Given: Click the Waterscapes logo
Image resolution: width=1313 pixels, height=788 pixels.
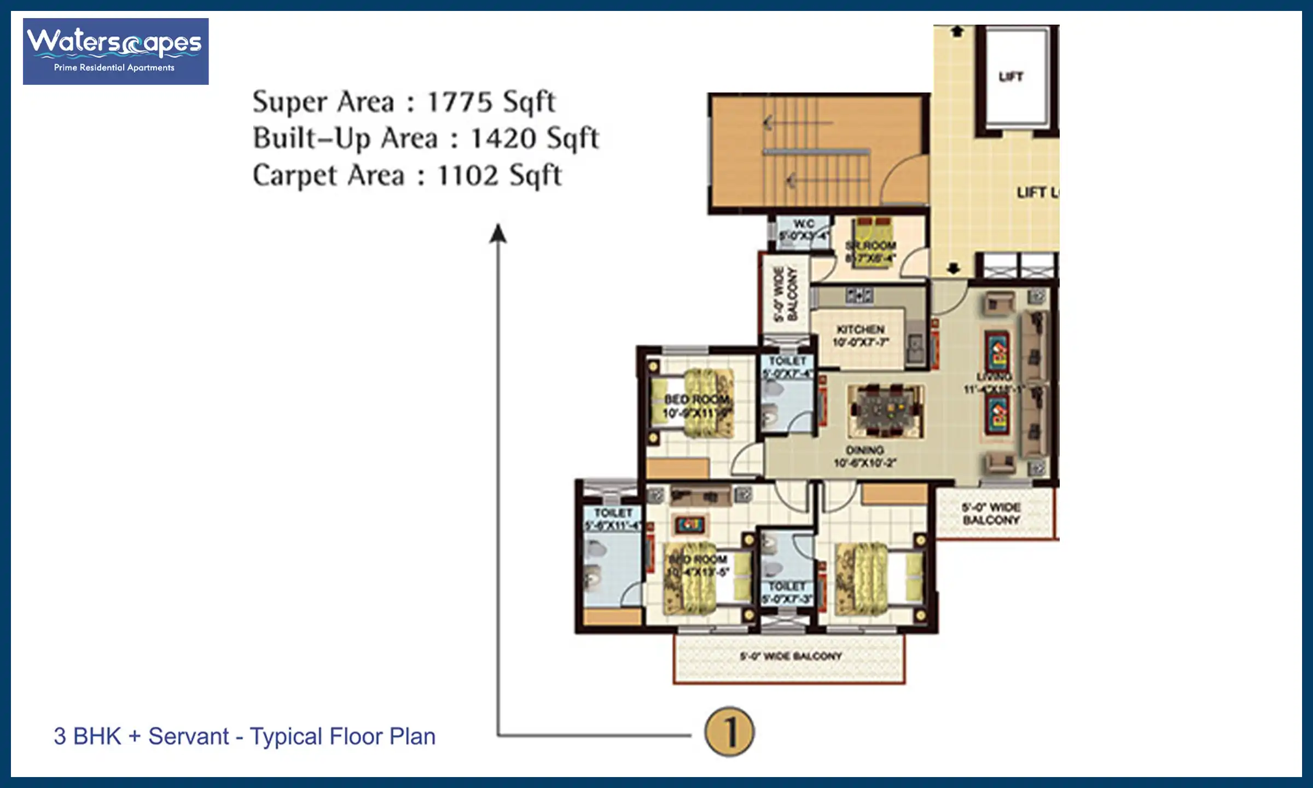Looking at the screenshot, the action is [115, 51].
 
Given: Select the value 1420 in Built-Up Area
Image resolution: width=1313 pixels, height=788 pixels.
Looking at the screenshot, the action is [503, 138].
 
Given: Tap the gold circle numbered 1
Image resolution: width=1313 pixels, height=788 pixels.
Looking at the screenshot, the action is [729, 732].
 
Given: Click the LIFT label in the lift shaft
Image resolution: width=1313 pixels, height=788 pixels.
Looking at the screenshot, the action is [1010, 77].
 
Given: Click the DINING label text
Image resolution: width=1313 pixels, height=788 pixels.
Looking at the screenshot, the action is [864, 450].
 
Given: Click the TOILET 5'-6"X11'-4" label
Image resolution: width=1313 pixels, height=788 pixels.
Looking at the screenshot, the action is [613, 519].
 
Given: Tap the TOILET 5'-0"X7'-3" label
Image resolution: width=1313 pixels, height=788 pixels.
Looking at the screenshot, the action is [787, 592].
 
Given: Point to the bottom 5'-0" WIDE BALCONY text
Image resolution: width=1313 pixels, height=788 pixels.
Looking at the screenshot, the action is [791, 656].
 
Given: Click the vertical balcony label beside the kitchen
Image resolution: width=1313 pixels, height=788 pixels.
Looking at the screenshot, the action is [785, 294].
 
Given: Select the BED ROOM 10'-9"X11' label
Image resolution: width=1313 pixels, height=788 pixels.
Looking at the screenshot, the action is [696, 405].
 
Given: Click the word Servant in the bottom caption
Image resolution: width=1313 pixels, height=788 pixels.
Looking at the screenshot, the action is [188, 737].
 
